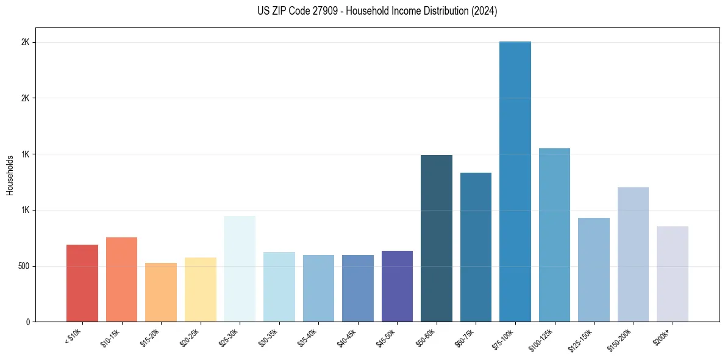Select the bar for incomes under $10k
(82, 283)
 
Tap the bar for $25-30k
(240, 268)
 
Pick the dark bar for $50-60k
(437, 238)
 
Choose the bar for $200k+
(673, 274)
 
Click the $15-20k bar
(161, 292)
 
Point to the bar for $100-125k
(554, 235)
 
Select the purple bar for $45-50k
(397, 286)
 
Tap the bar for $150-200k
(633, 254)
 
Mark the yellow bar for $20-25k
(201, 289)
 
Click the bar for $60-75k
(476, 247)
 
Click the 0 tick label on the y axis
(29, 322)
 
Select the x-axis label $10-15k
(111, 337)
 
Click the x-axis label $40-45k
(347, 337)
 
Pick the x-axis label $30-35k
(268, 337)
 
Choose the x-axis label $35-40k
(308, 337)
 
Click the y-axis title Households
(10, 175)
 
